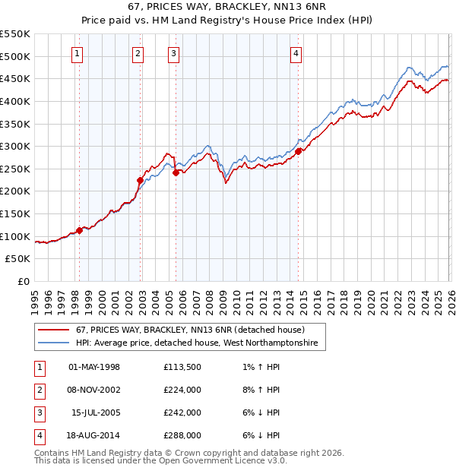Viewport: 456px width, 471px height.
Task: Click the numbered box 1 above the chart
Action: [78, 53]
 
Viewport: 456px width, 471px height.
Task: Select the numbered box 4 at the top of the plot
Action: [296, 53]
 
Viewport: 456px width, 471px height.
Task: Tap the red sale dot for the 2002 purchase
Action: [140, 180]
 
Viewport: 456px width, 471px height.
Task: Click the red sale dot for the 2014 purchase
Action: [298, 151]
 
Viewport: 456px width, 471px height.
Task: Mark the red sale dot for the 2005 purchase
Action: [176, 172]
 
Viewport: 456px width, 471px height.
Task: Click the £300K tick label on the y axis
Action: [15, 146]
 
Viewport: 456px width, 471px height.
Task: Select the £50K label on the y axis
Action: [18, 258]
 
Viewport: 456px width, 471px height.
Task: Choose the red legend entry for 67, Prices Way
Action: [190, 330]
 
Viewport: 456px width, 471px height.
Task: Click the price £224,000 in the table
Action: [182, 390]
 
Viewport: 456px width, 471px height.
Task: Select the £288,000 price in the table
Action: [182, 435]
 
